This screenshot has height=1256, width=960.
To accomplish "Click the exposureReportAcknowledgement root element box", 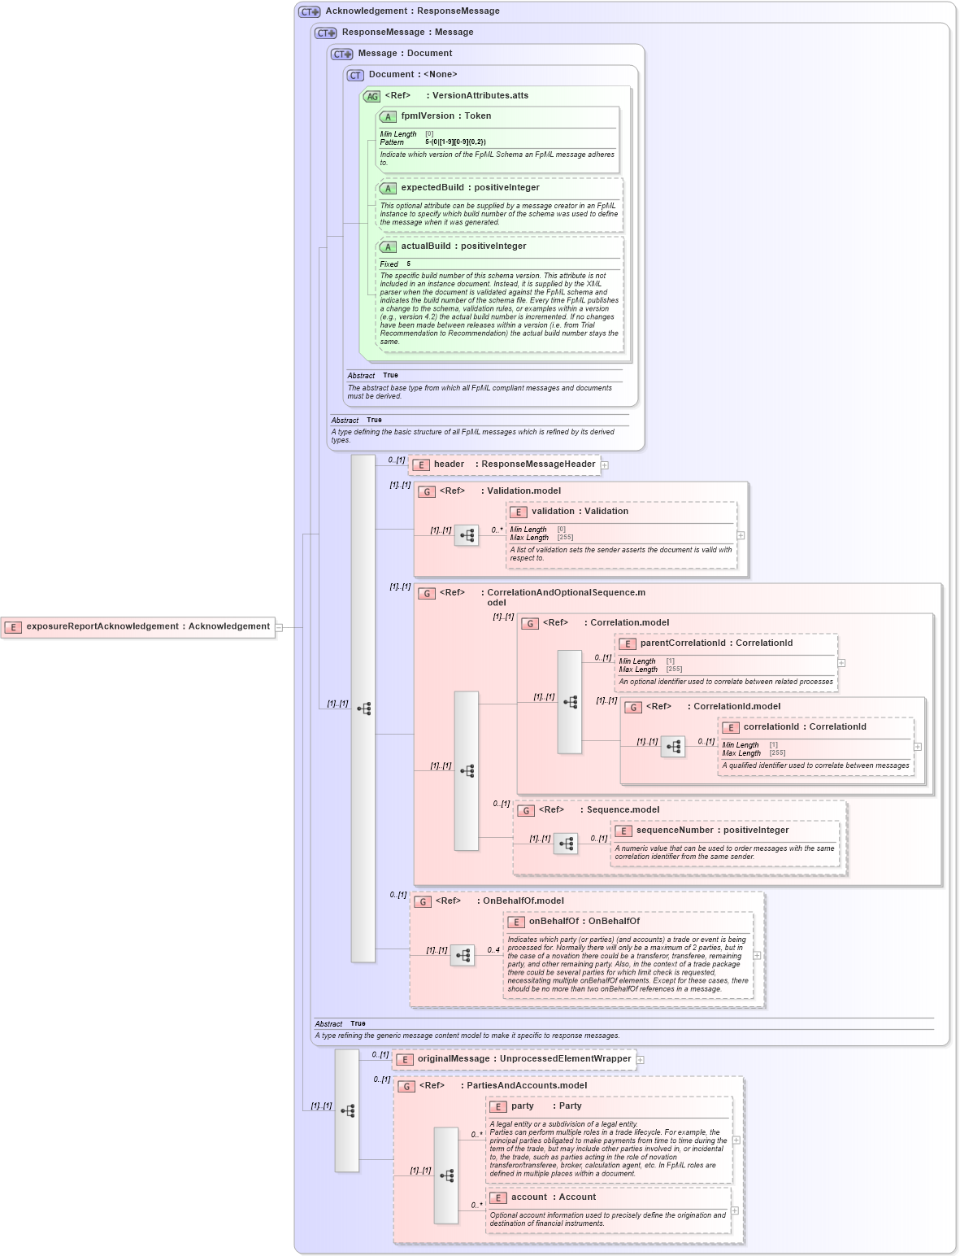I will pos(138,627).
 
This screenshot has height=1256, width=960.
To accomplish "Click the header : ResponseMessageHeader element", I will pos(504,464).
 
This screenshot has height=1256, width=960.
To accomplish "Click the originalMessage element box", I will pos(514,1059).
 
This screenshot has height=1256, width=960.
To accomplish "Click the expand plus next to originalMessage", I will pos(641,1060).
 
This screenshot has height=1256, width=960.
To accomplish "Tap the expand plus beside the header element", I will pos(605,465).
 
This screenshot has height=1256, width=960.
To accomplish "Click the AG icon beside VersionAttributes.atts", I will pos(371,96).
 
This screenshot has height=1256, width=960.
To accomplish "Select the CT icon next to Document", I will pos(355,75).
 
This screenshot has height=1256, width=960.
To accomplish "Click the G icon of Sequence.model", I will pos(525,810).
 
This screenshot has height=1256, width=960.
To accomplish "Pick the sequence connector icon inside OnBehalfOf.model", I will pos(463,956).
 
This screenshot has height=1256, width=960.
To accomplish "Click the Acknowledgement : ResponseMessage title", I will pos(412,11).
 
